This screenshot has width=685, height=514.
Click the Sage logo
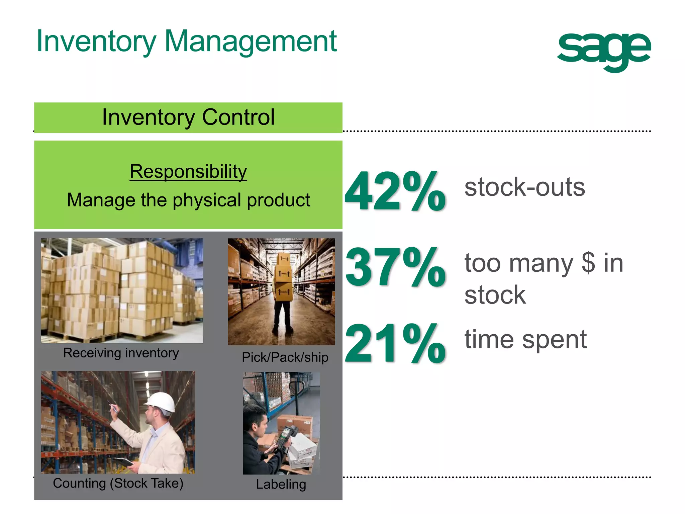pos(604,50)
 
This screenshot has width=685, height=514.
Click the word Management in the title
pos(251,41)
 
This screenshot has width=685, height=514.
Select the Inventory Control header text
pos(188,117)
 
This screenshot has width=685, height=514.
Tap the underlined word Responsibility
pos(188,172)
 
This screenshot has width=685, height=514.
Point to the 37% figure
pos(395,267)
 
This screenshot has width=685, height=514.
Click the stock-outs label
pos(524,187)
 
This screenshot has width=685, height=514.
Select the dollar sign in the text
pos(588,263)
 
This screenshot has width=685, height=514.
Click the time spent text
pos(525,340)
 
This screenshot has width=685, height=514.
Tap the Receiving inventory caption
pos(121,353)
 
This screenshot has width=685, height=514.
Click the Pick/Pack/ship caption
pos(285,357)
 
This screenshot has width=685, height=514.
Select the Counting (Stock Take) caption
pos(118,483)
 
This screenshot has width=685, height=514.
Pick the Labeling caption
pos(281,485)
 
